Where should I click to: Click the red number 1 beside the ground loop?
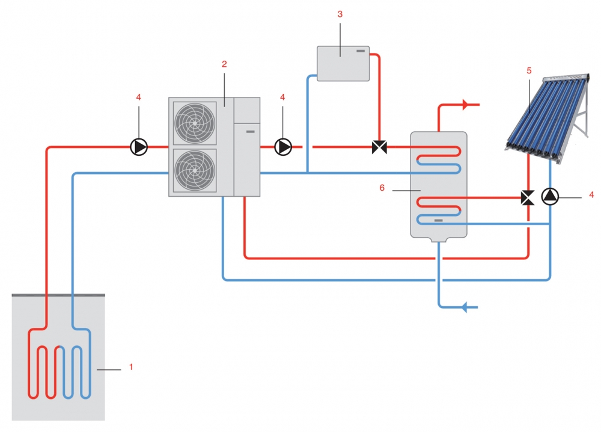[131, 367]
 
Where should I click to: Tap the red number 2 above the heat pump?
[224, 64]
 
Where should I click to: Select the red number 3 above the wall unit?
[340, 14]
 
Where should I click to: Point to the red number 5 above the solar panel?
[529, 70]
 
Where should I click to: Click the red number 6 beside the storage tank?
[382, 188]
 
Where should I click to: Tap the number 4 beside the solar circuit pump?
[591, 195]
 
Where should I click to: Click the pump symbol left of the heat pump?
[139, 147]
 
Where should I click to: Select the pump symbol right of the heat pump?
[283, 147]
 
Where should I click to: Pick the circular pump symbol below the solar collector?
[550, 196]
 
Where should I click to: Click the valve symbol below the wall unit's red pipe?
[379, 147]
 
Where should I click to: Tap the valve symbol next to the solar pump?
[528, 198]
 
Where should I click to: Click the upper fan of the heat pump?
[195, 123]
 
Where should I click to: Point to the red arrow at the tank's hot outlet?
[466, 104]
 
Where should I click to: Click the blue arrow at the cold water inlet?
[465, 307]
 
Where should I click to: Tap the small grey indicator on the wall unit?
[361, 51]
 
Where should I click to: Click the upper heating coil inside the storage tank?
[439, 159]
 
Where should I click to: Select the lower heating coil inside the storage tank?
[439, 210]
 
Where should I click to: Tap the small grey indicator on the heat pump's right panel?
[250, 132]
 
